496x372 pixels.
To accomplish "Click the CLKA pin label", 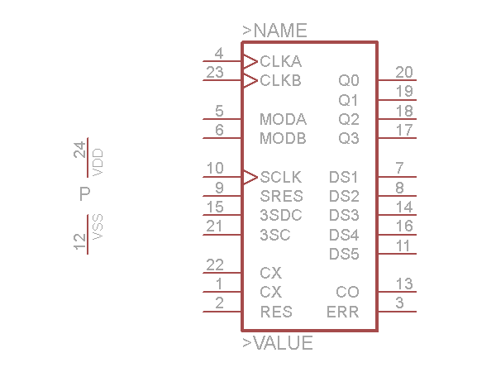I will coord(280,61).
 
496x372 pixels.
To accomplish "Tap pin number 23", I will coord(215,72).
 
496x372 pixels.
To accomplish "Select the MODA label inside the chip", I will coord(283,119).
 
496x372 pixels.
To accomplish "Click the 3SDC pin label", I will coord(281,215).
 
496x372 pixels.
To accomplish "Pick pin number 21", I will coord(215,226).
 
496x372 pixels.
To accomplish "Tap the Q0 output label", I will coord(349,81).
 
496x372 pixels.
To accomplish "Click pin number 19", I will coord(404,91).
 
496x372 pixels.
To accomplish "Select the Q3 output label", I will coord(349,138).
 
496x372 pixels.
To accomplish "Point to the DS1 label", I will coord(344,177).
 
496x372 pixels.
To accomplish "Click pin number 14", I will coord(404,207).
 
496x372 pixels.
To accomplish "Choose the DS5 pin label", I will coord(344,254).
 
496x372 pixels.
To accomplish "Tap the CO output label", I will coord(347,292).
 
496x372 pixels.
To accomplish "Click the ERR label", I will coord(343,312).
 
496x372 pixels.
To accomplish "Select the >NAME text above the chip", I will coord(274,31).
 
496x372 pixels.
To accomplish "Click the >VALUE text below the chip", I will coord(278,343).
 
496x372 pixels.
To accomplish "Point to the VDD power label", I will coord(98,162).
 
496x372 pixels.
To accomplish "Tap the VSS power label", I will coord(98,227).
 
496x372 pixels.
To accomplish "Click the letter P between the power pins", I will coord(84,195).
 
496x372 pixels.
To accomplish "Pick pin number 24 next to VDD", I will coord(80,150).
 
